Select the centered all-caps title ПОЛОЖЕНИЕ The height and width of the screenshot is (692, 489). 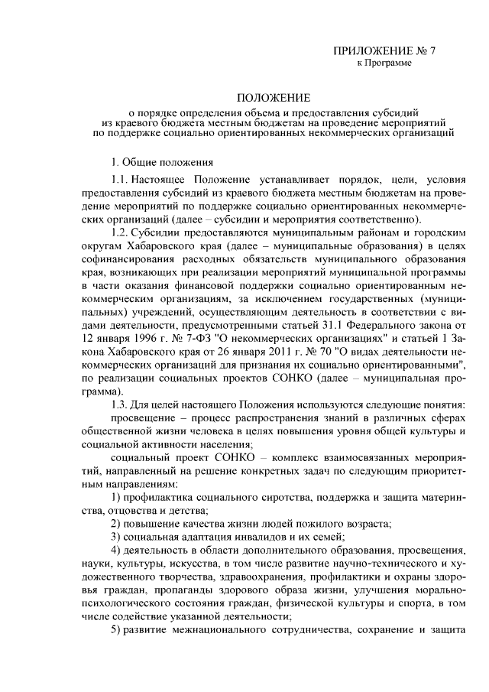[273, 99]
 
